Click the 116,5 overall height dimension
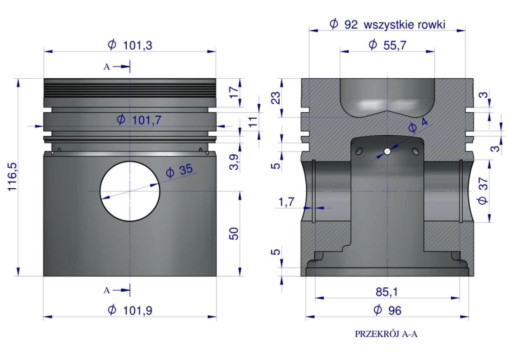pos(12,177)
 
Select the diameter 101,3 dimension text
pos(130,45)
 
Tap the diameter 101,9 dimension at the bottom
pos(130,310)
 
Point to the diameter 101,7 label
pos(139,120)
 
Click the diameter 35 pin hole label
pos(179,170)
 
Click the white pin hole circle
pos(130,191)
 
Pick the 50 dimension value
pos(233,234)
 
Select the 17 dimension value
pos(233,92)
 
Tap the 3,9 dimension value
pos(233,162)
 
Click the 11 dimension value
pos(252,122)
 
